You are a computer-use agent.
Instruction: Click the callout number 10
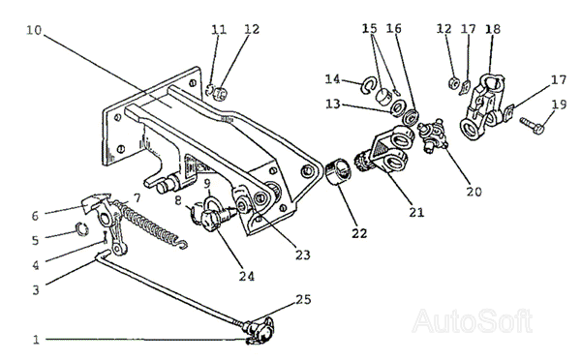(34, 30)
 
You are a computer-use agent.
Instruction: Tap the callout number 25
(303, 299)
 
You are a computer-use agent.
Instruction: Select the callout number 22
(359, 233)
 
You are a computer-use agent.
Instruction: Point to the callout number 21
(416, 212)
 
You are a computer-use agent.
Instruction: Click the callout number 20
(474, 192)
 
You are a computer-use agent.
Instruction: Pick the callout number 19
(559, 105)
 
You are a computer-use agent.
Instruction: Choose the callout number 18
(493, 29)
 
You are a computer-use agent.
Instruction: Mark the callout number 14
(332, 79)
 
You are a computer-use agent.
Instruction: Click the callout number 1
(36, 340)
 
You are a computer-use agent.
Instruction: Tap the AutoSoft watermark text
(473, 320)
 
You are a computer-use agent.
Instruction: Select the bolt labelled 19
(532, 126)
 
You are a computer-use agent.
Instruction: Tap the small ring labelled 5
(81, 229)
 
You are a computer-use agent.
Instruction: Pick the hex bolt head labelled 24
(210, 220)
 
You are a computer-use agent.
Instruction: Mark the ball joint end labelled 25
(260, 330)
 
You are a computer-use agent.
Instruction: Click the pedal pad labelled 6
(96, 202)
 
